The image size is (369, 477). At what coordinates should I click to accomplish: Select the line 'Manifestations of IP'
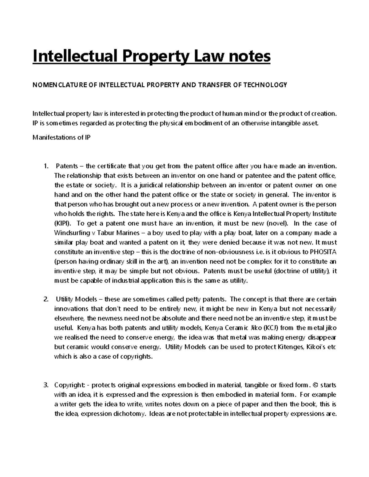pyautogui.click(x=61, y=138)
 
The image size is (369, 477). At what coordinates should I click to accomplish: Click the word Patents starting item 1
pyautogui.click(x=67, y=166)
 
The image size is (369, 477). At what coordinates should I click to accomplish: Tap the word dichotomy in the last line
pyautogui.click(x=129, y=414)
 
